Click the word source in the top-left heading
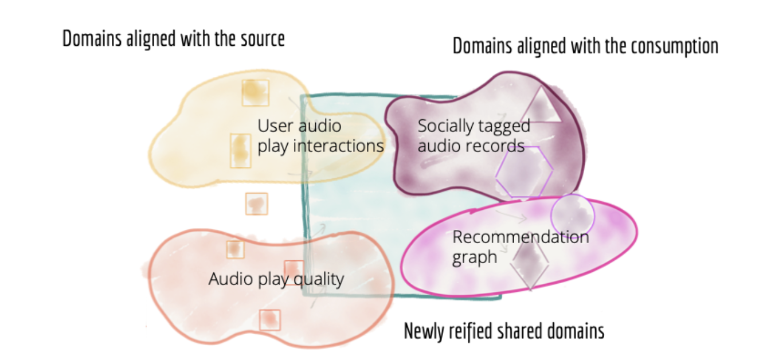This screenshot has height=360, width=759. click(x=263, y=39)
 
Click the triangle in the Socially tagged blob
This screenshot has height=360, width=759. click(x=541, y=105)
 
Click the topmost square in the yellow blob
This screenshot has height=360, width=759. click(x=256, y=92)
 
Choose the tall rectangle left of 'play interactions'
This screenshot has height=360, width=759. click(x=240, y=151)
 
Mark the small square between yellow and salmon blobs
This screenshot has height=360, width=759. click(x=256, y=204)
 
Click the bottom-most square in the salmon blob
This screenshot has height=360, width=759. click(x=269, y=320)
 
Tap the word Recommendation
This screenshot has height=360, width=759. click(x=521, y=237)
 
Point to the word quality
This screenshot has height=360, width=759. click(x=319, y=280)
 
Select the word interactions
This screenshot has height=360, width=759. click(x=338, y=146)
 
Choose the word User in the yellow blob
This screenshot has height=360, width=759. click(x=276, y=126)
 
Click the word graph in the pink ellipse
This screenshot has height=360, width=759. click(x=475, y=257)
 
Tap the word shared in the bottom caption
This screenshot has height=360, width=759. click(x=519, y=331)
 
